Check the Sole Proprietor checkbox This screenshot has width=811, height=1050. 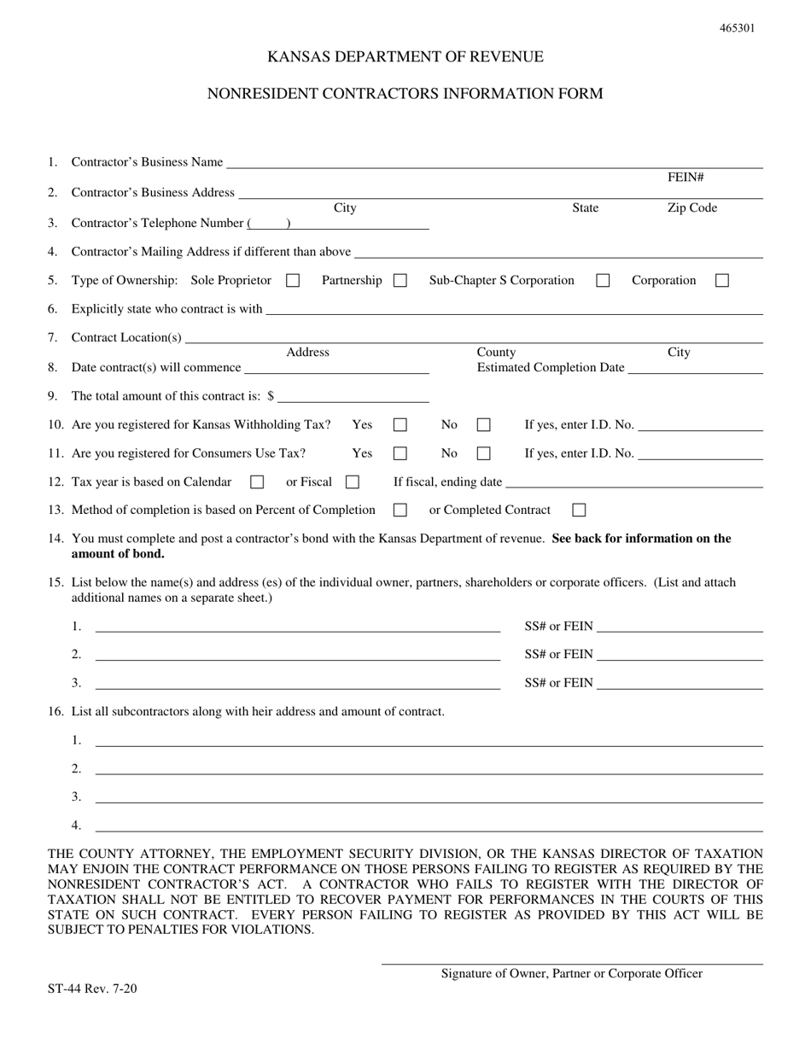pos(293,280)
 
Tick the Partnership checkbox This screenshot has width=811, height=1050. pos(400,280)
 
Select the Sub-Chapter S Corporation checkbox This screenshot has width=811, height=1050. pos(603,280)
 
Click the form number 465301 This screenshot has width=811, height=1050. pos(737,28)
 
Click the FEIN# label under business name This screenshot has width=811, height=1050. pos(685,178)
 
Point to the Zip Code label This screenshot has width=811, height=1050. pos(691,208)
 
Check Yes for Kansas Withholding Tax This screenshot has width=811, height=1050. pos(400,424)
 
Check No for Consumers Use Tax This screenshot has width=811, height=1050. pos(483,453)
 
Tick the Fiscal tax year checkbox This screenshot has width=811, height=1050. pos(352,482)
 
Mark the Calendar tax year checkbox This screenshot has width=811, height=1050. pos(257,482)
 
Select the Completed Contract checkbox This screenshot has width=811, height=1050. pos(579,510)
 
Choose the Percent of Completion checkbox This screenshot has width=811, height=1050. pos(400,510)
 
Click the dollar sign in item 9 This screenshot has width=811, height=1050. pos(271,396)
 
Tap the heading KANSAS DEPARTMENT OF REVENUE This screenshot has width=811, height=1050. pos(405,57)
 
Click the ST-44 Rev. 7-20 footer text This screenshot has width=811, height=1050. pos(92,989)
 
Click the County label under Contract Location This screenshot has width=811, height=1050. pos(496,353)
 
